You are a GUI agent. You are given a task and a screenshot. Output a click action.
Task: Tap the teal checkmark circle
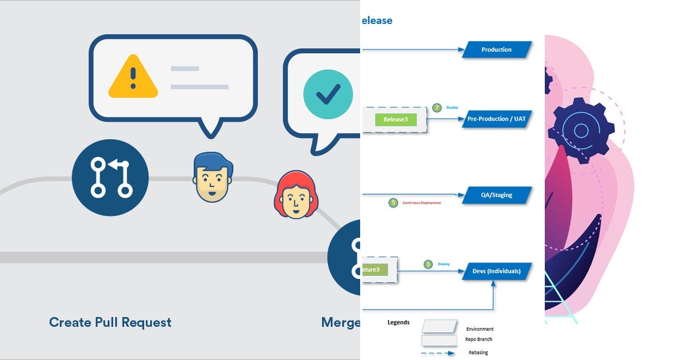click(x=329, y=94)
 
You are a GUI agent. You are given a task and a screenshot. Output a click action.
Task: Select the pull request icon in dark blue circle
click(x=110, y=178)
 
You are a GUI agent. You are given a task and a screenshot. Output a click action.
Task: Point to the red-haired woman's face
click(x=296, y=195)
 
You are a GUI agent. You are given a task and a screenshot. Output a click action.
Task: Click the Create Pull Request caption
click(x=110, y=322)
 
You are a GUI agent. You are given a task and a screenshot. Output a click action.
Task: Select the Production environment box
click(x=496, y=50)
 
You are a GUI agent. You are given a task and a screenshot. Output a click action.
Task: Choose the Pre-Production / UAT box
click(x=496, y=119)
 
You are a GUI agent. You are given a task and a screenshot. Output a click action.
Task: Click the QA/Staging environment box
click(x=496, y=195)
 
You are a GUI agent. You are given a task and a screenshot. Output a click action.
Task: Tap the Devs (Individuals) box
click(x=496, y=271)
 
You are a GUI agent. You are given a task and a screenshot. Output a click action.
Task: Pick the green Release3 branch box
click(x=396, y=120)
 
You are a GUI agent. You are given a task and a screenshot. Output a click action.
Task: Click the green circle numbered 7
click(x=437, y=107)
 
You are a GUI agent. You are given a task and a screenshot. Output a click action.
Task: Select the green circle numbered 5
click(x=393, y=202)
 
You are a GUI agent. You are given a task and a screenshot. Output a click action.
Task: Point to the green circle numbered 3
click(x=428, y=264)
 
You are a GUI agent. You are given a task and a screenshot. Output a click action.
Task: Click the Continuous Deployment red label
click(x=421, y=203)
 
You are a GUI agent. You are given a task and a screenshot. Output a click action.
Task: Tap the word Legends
click(x=398, y=322)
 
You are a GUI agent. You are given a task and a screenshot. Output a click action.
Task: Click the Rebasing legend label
click(x=478, y=353)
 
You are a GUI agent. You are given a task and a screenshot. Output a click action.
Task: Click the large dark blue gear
click(x=580, y=131)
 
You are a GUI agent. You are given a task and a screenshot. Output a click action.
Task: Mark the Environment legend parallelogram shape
click(x=439, y=326)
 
